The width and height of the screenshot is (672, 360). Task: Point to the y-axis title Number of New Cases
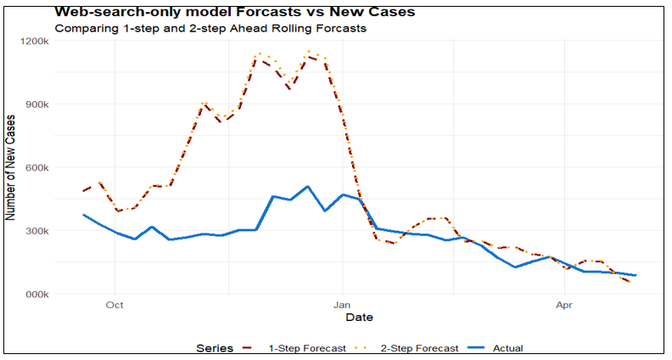click(x=12, y=167)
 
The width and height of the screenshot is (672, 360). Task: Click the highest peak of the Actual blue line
click(x=307, y=186)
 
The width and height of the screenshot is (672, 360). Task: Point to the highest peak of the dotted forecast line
click(x=308, y=51)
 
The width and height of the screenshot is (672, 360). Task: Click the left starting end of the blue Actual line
click(x=83, y=215)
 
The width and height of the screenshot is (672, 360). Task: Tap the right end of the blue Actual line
click(x=636, y=275)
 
